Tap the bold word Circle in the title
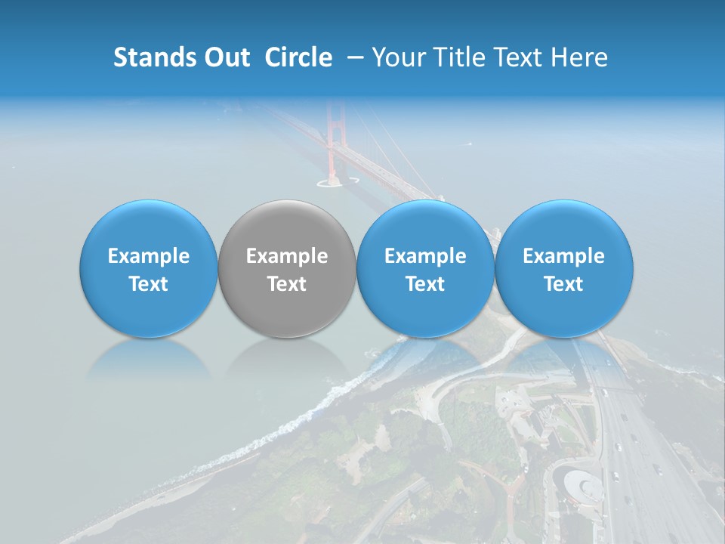click(298, 57)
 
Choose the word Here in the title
click(579, 57)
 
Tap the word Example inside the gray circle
click(287, 256)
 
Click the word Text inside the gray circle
click(287, 284)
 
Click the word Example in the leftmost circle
click(149, 256)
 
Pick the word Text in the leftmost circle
click(149, 284)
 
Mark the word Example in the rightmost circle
click(563, 256)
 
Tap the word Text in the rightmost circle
click(563, 284)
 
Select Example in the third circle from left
click(425, 256)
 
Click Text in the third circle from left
click(425, 284)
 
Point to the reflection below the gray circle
click(287, 359)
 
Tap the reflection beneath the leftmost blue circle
click(149, 359)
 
